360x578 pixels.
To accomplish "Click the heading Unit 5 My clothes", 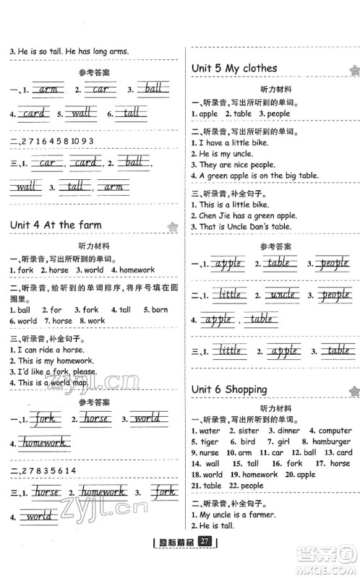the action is [x=233, y=69].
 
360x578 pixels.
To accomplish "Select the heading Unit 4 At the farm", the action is [x=53, y=225].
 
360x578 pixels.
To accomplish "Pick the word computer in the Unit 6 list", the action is [x=335, y=431].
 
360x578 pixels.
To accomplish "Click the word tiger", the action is [x=209, y=441].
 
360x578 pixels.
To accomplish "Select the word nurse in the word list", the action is [x=209, y=452].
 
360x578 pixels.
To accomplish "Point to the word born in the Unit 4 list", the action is [x=160, y=310].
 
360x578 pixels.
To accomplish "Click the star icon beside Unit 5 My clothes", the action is [x=353, y=71].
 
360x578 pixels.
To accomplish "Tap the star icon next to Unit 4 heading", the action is [x=172, y=227].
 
